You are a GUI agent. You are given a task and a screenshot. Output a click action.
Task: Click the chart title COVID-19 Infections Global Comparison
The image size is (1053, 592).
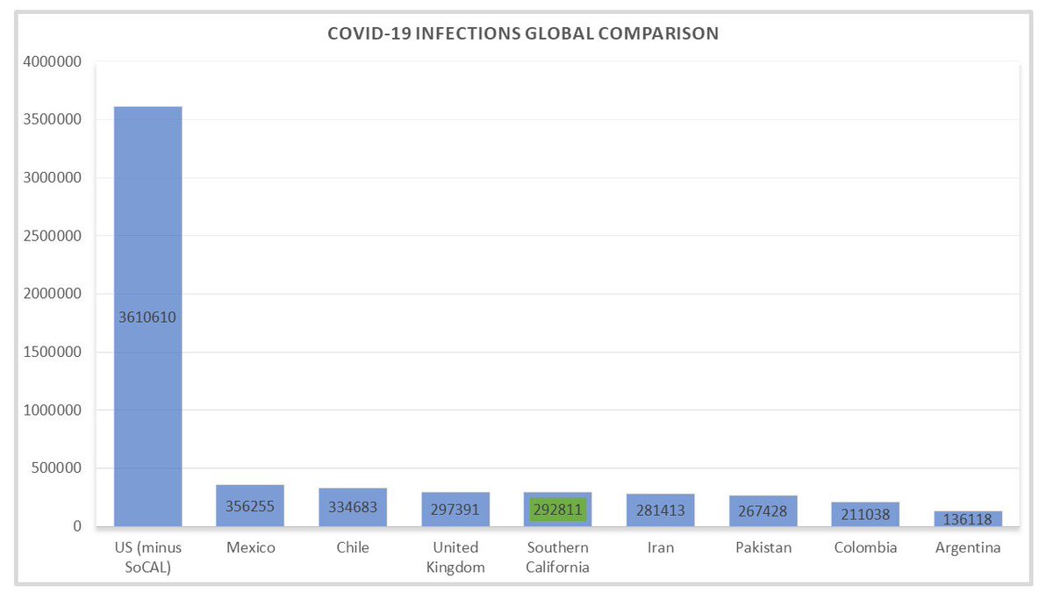(523, 34)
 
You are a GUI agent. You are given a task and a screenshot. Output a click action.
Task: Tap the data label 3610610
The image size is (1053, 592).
(147, 317)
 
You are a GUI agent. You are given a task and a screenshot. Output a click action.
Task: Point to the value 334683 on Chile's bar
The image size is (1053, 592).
(353, 509)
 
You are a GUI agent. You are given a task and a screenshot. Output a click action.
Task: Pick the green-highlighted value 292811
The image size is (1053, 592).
(557, 510)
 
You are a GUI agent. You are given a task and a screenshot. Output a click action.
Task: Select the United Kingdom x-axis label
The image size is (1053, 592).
(455, 557)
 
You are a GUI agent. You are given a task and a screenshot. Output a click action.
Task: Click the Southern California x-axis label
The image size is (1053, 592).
(557, 557)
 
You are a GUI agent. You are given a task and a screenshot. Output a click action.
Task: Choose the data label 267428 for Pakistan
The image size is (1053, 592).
(763, 511)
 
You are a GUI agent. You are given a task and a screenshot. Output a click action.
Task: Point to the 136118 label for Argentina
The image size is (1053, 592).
(967, 519)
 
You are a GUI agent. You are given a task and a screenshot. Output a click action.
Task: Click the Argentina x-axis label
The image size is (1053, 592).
(968, 548)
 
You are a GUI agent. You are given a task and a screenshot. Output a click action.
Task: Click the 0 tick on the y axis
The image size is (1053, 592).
(77, 526)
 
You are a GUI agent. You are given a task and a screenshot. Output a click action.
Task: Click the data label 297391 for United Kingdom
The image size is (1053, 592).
(455, 510)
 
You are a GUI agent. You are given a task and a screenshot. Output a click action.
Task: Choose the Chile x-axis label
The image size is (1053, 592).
(353, 548)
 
